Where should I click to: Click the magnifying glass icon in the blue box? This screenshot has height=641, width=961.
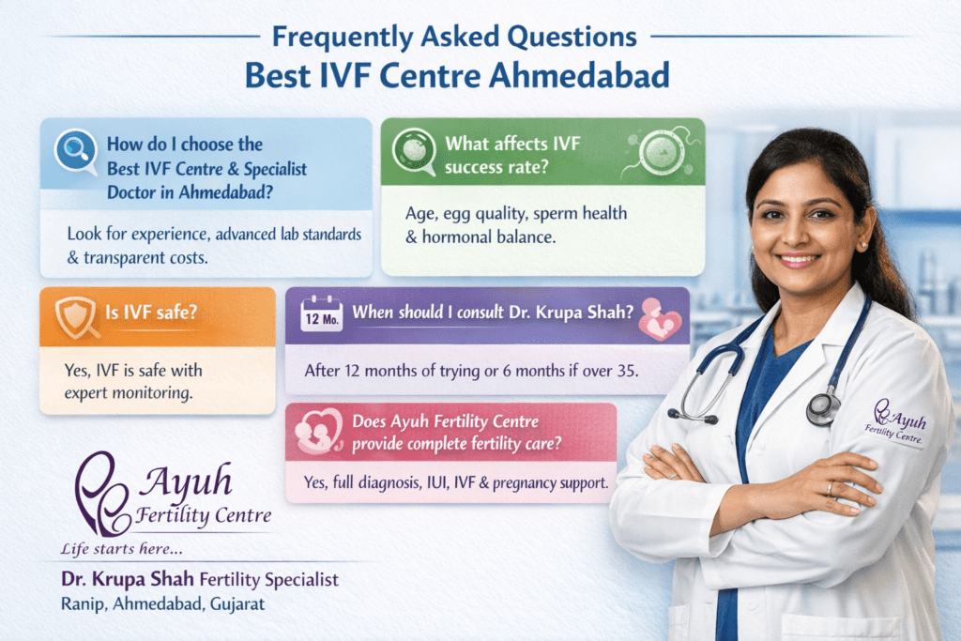point(75,151)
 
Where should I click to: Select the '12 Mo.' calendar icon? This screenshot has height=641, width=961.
point(320,314)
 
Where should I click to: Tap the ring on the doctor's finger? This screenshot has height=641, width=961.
point(829,489)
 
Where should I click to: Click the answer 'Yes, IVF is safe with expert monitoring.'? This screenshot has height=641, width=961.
point(131,381)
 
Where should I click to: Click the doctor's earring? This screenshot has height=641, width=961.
point(862,245)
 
